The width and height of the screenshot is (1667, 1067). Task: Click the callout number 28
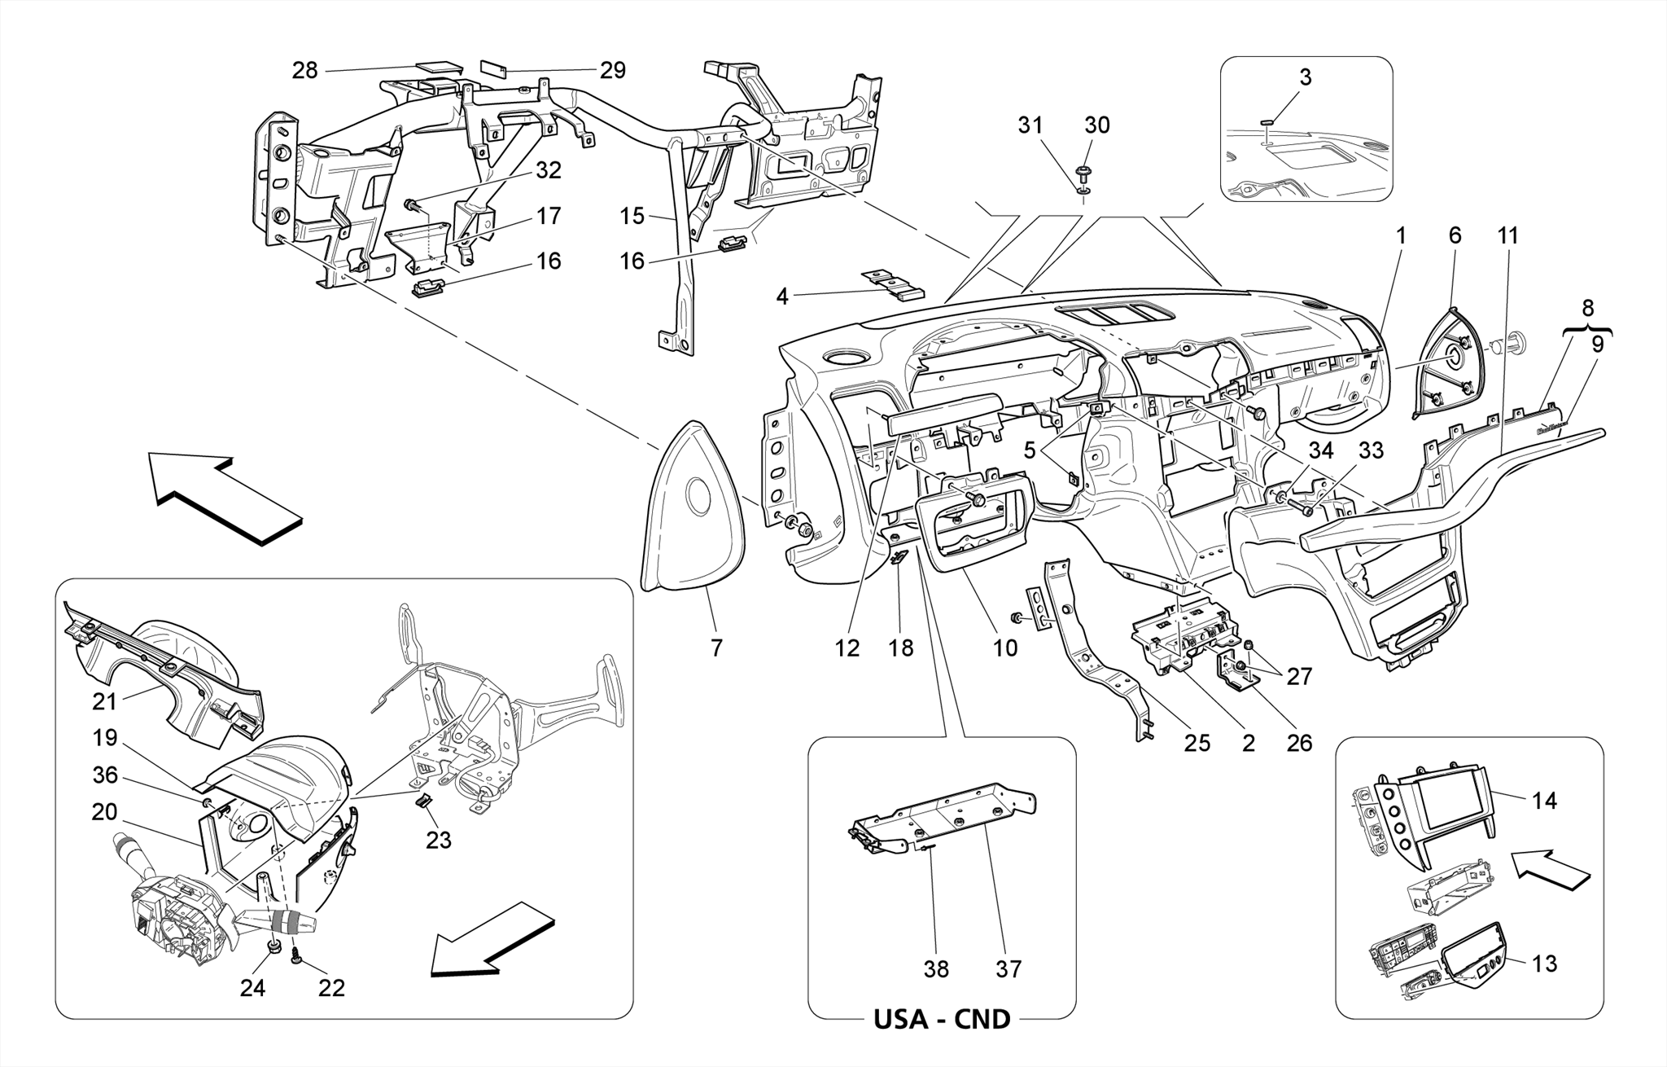pyautogui.click(x=305, y=71)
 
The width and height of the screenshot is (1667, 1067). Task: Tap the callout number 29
pyautogui.click(x=613, y=71)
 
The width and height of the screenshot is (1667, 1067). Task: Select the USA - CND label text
pyautogui.click(x=942, y=1019)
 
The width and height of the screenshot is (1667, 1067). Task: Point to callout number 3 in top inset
pyautogui.click(x=1305, y=77)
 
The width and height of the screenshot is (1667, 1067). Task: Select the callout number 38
pyautogui.click(x=936, y=969)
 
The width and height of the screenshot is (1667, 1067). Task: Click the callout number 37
pyautogui.click(x=1008, y=969)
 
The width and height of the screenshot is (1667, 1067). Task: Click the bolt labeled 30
pyautogui.click(x=1083, y=173)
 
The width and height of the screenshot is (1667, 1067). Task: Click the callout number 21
pyautogui.click(x=105, y=700)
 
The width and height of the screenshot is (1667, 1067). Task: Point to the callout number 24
pyautogui.click(x=252, y=988)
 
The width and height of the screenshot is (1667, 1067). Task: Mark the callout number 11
pyautogui.click(x=1507, y=236)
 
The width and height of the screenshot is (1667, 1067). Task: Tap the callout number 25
pyautogui.click(x=1197, y=743)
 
